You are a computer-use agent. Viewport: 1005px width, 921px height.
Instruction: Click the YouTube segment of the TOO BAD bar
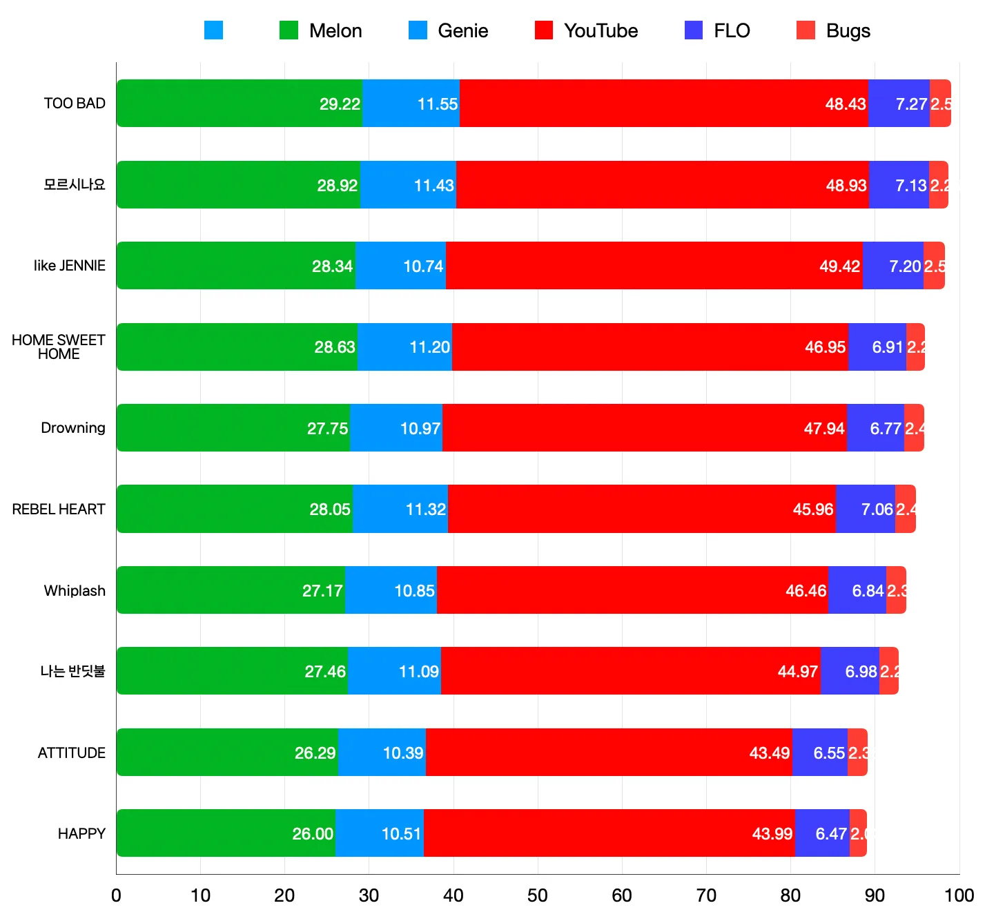[663, 104]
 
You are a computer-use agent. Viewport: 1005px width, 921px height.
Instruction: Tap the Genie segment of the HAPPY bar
[379, 833]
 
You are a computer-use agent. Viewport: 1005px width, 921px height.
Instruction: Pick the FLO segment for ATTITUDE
[819, 753]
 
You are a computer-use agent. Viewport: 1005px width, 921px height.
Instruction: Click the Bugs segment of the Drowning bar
[914, 428]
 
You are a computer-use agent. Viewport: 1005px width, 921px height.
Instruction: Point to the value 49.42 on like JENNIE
[839, 266]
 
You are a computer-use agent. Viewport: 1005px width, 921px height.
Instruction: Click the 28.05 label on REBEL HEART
[330, 510]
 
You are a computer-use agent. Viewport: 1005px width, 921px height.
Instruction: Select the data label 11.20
[429, 347]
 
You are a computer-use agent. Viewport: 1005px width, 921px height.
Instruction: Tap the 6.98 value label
[861, 672]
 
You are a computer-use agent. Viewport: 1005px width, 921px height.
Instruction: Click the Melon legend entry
[321, 30]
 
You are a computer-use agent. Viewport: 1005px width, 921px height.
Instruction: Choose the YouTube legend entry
[587, 30]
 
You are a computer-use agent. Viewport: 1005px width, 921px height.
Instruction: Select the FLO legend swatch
[694, 30]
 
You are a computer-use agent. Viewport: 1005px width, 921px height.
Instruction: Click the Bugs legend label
[848, 30]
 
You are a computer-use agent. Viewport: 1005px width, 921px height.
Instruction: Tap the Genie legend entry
[449, 30]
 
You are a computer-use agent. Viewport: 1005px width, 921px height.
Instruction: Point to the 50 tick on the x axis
[537, 895]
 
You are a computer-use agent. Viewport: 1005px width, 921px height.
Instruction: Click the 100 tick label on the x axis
[959, 895]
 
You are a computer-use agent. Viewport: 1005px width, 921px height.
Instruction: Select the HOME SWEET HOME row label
[59, 347]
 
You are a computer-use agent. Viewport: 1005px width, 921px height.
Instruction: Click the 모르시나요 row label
[75, 184]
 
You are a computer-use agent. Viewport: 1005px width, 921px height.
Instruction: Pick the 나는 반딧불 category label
[72, 671]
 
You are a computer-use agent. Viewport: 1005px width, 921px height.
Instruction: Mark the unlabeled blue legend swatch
[214, 30]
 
